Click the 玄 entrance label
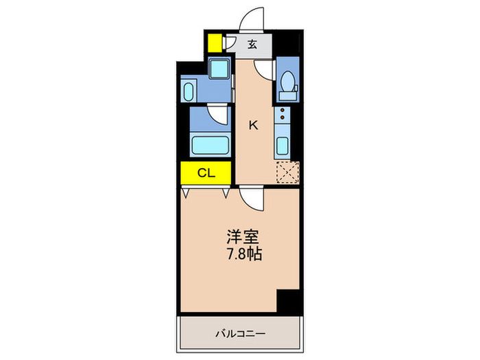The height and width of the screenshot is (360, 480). tap(252, 45)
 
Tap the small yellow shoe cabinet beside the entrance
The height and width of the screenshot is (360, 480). tap(215, 43)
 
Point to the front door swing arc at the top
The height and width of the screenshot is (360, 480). tap(253, 18)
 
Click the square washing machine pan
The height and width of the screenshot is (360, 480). tap(219, 70)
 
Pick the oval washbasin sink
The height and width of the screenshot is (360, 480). tap(190, 91)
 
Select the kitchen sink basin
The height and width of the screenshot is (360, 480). tap(282, 146)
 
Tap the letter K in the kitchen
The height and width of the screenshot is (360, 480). tap(253, 125)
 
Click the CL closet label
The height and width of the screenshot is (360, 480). tap(206, 173)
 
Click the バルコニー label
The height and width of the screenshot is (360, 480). tap(240, 334)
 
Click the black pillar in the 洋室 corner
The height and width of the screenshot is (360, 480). tap(289, 300)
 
